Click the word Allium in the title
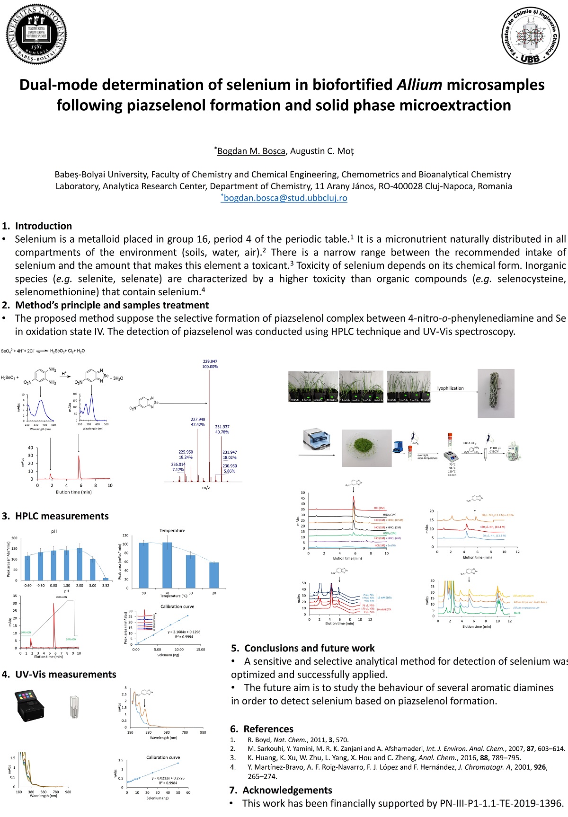419,85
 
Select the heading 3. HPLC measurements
55,516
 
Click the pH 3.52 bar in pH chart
106,579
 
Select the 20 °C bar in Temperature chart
214,575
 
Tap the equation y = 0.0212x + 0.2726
168,778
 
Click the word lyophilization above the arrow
450,388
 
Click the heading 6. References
262,729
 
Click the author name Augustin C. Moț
322,151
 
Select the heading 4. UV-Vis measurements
59,675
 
